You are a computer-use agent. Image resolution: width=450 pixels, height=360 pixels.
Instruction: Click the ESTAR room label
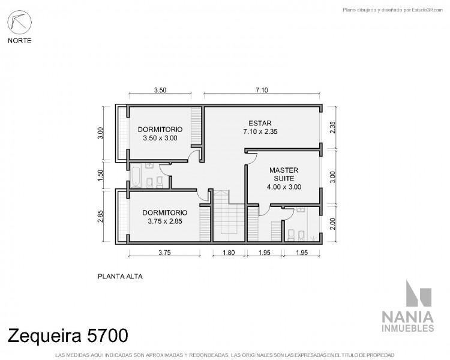click(x=260, y=123)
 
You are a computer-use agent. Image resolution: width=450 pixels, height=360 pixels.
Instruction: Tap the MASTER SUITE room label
click(x=284, y=174)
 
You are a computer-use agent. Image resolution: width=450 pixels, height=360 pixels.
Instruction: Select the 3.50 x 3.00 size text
click(x=160, y=138)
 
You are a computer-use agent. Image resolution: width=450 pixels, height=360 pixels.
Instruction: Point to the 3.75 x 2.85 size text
click(x=165, y=221)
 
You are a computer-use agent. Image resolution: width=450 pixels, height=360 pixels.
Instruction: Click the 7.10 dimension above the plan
click(x=262, y=90)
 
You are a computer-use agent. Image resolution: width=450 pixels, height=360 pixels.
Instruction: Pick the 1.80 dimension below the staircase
click(x=229, y=253)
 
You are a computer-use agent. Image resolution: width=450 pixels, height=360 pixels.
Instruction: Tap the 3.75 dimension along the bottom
click(x=165, y=253)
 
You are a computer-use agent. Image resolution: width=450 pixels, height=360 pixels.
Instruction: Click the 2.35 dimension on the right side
click(x=332, y=127)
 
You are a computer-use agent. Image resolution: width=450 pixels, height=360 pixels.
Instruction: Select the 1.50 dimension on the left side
click(x=100, y=175)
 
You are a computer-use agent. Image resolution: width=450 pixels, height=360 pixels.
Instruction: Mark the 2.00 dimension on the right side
click(x=332, y=224)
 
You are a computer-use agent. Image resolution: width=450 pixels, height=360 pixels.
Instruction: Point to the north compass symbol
click(x=20, y=22)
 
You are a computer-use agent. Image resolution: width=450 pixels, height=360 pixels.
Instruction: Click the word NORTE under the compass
click(x=20, y=41)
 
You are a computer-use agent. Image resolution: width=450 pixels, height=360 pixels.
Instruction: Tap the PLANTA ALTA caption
click(x=120, y=277)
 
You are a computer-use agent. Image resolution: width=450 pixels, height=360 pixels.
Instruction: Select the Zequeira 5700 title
click(x=68, y=335)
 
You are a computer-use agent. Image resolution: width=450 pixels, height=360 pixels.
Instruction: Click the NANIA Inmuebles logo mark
click(x=419, y=293)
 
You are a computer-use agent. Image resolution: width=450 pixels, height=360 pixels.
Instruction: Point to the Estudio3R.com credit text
click(x=392, y=10)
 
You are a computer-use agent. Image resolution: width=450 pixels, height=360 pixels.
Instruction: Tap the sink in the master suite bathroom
click(x=301, y=209)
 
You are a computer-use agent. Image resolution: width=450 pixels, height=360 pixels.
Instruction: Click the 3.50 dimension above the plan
click(x=160, y=90)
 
